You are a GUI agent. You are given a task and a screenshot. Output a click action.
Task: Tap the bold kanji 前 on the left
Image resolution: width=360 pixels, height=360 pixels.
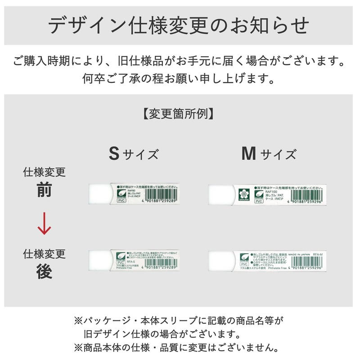(x=44, y=191)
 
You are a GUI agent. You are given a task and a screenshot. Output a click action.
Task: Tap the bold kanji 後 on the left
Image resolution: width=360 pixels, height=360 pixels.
(x=44, y=272)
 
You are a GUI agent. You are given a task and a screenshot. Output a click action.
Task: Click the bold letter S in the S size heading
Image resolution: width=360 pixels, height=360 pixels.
(x=114, y=153)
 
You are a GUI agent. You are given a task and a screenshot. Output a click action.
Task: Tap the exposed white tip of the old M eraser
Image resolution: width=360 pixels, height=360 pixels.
(x=220, y=195)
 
